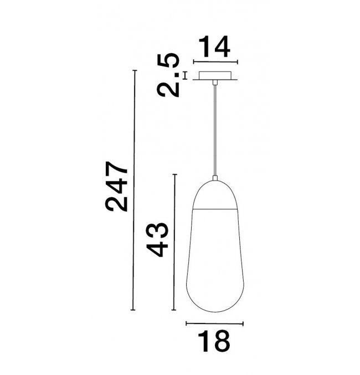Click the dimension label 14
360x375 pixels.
pyautogui.click(x=214, y=47)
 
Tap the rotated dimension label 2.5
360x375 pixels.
pyautogui.click(x=168, y=75)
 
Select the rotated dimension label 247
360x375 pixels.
pyautogui.click(x=116, y=187)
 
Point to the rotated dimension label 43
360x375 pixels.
pyautogui.click(x=157, y=240)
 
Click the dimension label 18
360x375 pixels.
pyautogui.click(x=214, y=341)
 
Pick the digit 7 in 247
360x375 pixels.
pyautogui.click(x=116, y=170)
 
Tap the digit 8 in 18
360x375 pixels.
pyautogui.click(x=222, y=341)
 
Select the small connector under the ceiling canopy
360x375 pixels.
pyautogui.click(x=215, y=83)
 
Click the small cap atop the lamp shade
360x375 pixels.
pyautogui.click(x=215, y=178)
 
